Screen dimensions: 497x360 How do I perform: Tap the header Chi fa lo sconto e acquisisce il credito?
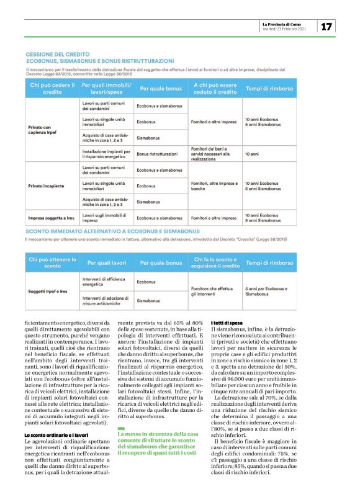[215, 263]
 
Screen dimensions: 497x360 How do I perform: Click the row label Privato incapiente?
[46, 185]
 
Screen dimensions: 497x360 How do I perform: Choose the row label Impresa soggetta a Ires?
[52, 218]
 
